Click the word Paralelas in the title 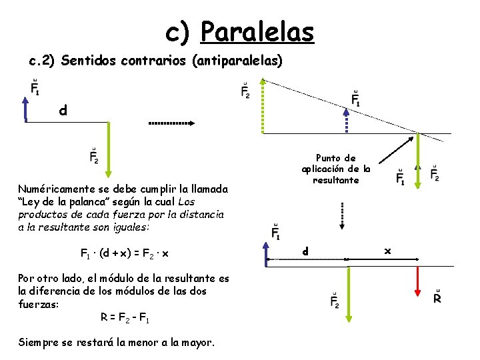[257, 31]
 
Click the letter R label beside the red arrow [437, 297]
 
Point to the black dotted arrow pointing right [171, 123]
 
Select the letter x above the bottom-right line [388, 251]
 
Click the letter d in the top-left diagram [63, 111]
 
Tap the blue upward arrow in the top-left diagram [25, 109]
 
